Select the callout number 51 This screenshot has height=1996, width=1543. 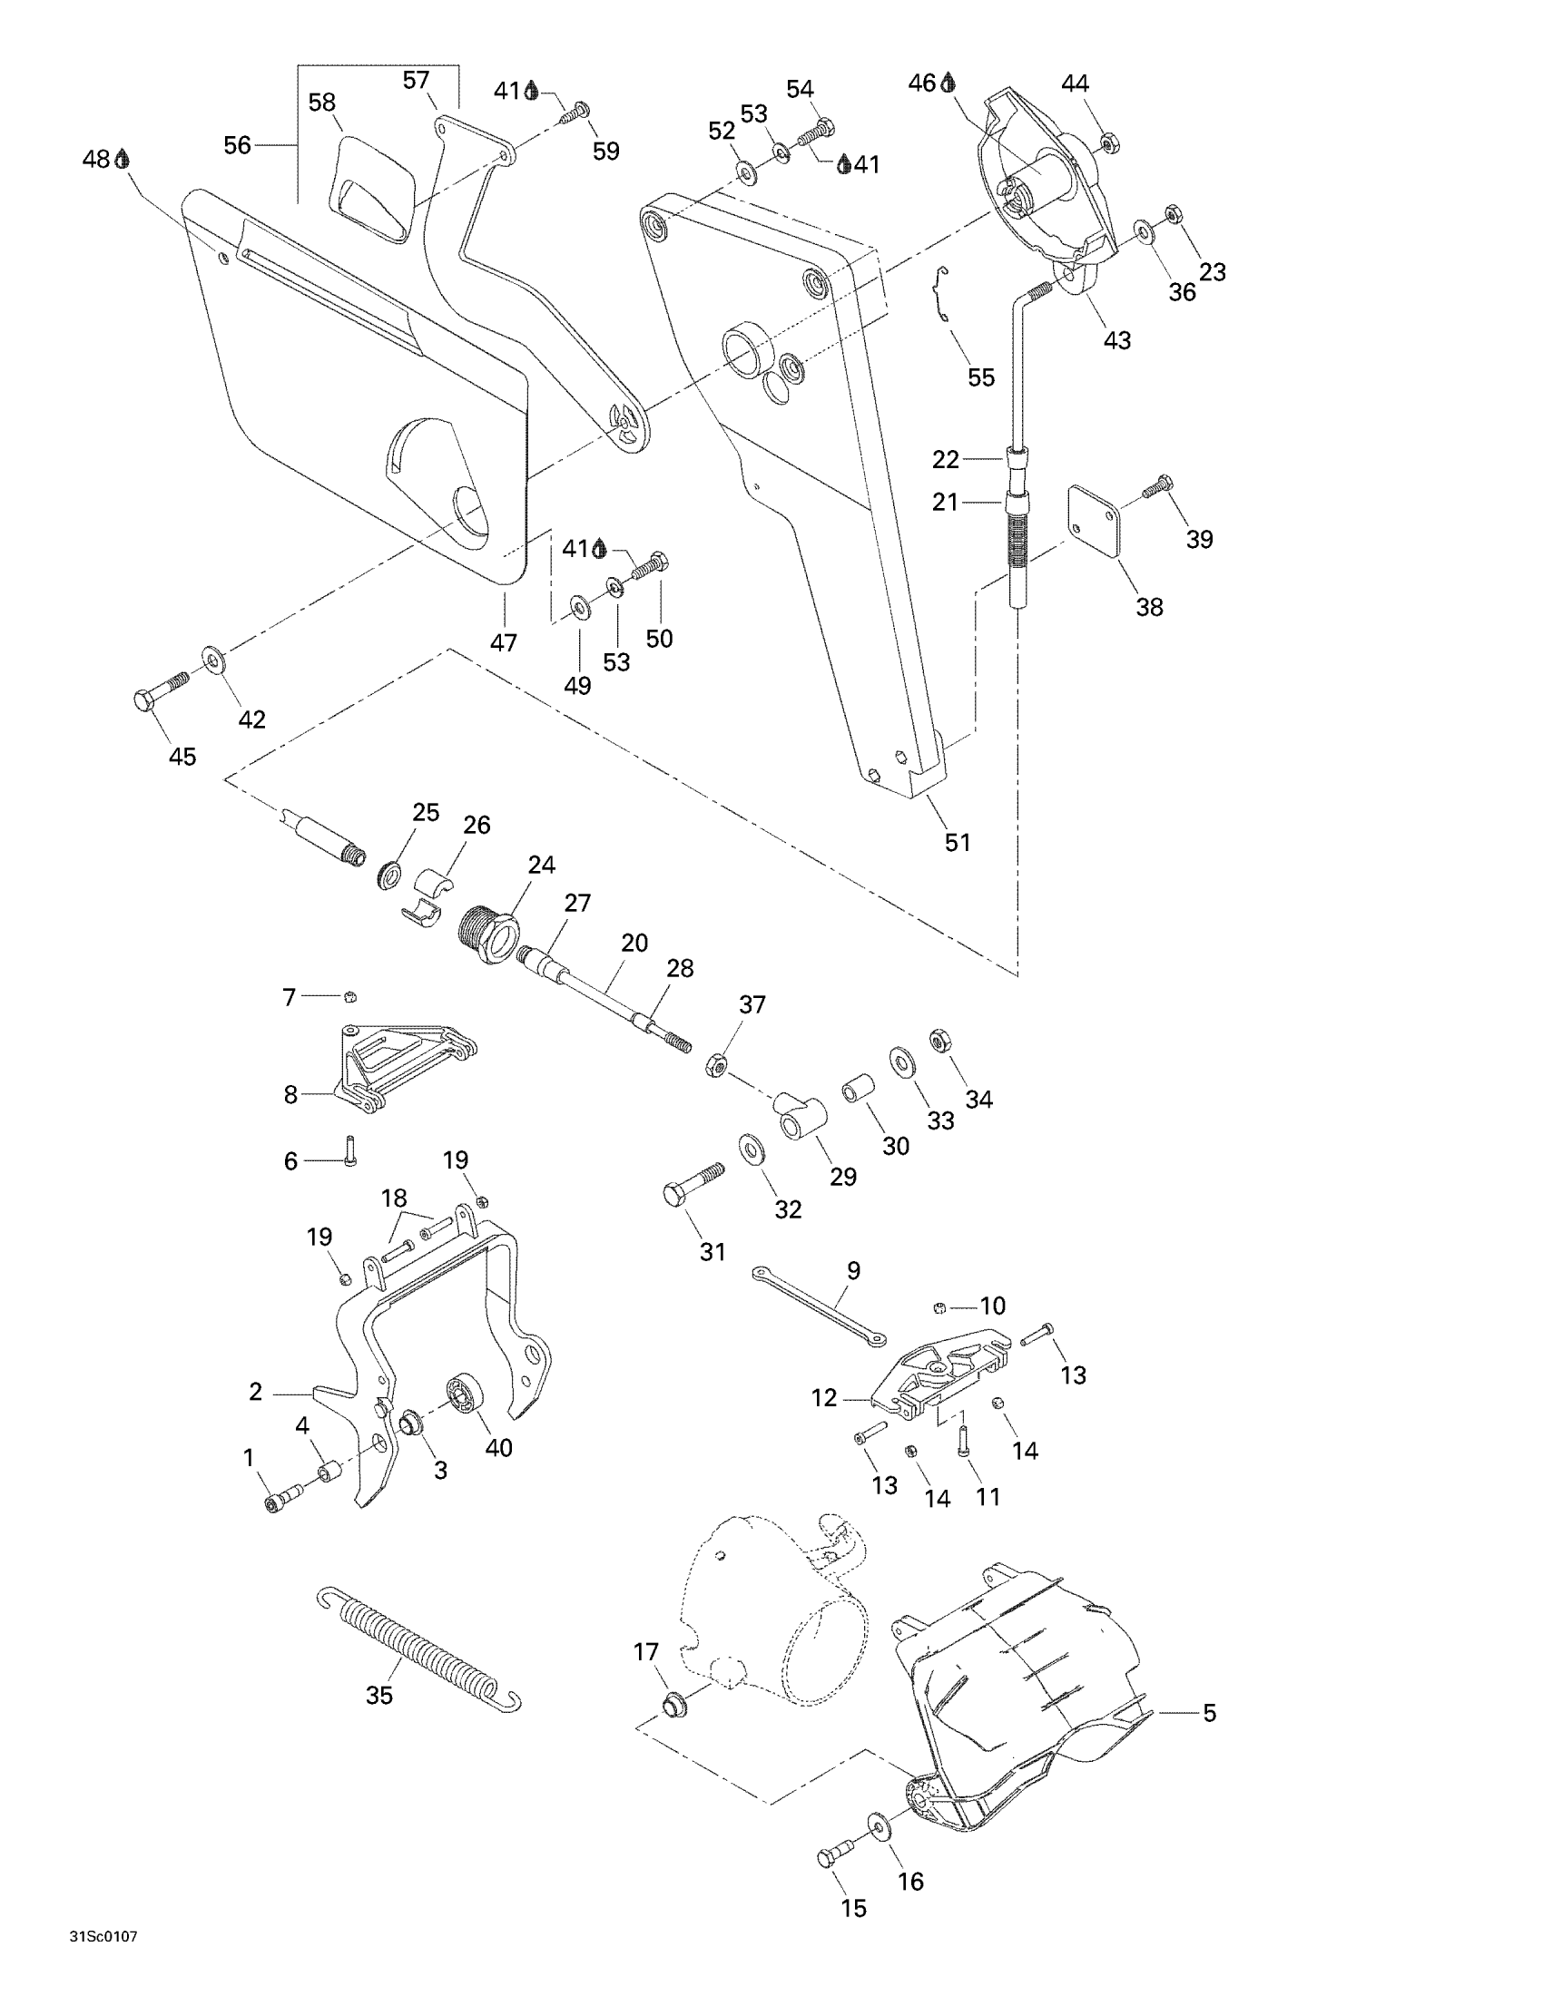[957, 842]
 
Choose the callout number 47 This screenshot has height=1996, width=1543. [503, 642]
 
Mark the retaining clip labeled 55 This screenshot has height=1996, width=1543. [942, 293]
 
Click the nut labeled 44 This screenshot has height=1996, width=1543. [1106, 142]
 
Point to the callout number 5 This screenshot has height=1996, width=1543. [1208, 1713]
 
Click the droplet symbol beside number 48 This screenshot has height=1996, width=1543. [123, 159]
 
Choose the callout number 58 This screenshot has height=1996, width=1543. [322, 103]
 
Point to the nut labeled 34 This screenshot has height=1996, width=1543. [938, 1039]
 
